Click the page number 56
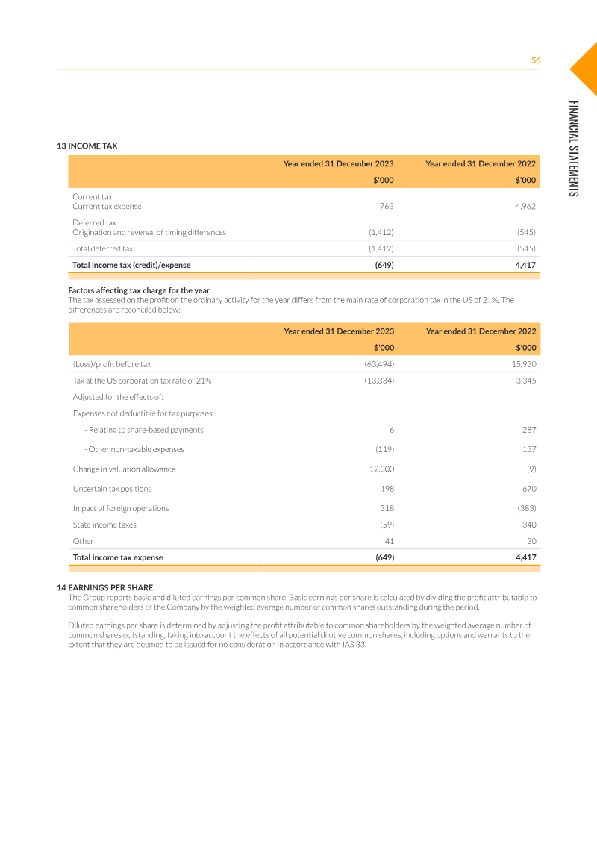coord(535,60)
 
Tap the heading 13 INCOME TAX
coord(87,146)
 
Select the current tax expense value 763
coord(387,206)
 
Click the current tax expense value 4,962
coord(525,206)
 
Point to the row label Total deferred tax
coord(102,248)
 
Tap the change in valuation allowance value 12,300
coord(381,469)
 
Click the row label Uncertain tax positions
coord(112,489)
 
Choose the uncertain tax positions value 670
coord(529,489)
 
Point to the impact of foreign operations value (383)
coord(526,508)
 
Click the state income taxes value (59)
coord(387,525)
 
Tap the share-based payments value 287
coord(529,430)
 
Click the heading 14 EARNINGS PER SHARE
coord(104,587)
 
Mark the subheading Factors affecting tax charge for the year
coord(139,290)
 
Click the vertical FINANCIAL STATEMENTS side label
coord(572,149)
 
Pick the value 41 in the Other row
coord(389,541)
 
